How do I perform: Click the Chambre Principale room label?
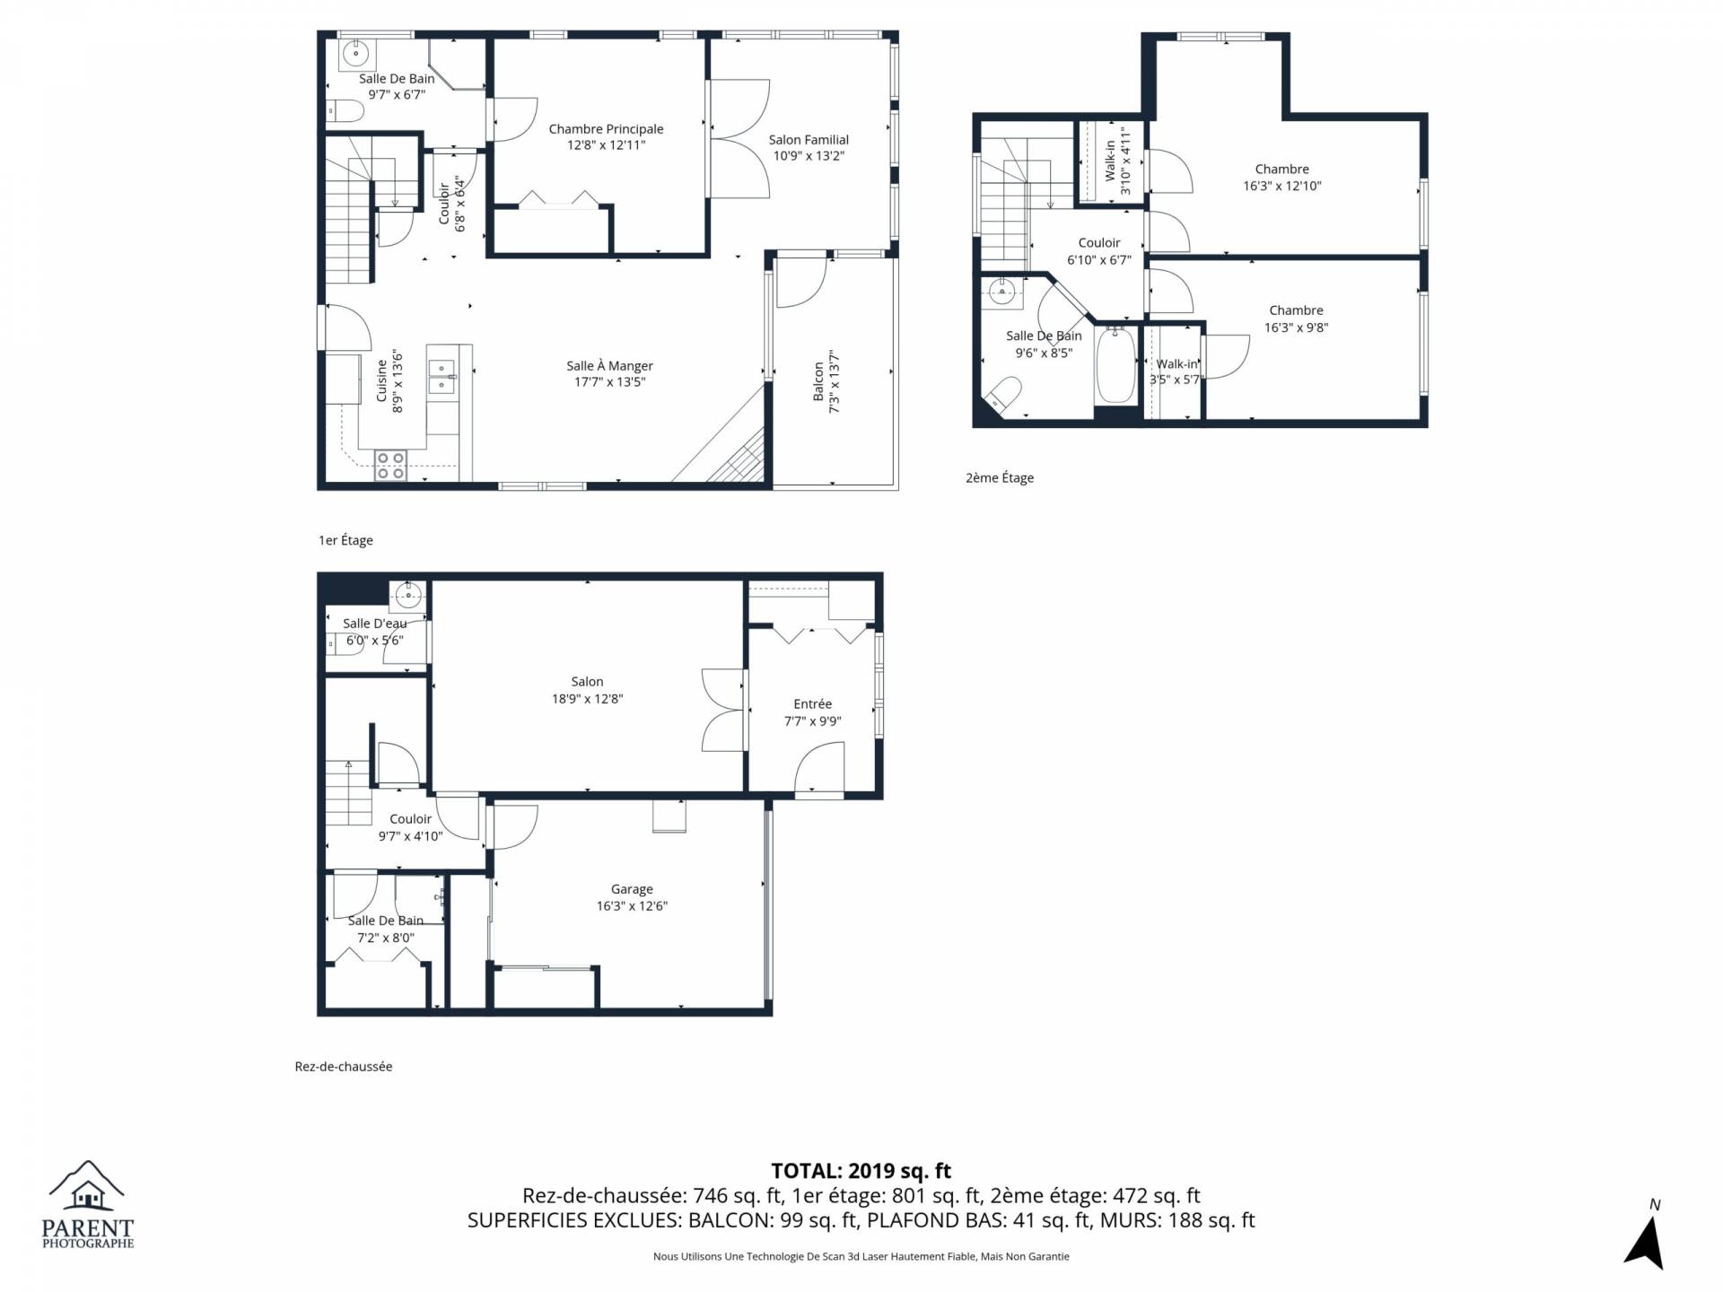(606, 129)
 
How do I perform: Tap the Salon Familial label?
(809, 140)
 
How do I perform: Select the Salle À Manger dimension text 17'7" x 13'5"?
(610, 382)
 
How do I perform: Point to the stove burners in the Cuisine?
(390, 465)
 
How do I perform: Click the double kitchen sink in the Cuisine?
(442, 376)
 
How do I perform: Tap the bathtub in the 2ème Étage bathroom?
(1115, 366)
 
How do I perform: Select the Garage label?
(632, 889)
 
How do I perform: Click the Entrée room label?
(813, 704)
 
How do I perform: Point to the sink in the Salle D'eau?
(408, 594)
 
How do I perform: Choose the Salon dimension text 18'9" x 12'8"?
(588, 699)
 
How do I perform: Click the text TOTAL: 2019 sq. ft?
(861, 1171)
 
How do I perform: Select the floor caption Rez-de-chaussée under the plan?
(344, 1067)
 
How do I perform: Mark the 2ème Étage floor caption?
(1000, 478)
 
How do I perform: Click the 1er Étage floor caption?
(345, 540)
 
